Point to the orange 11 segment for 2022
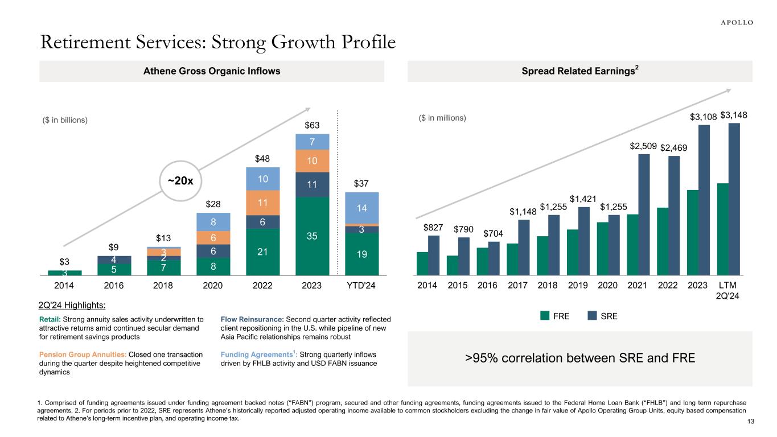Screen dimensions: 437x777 (x=263, y=203)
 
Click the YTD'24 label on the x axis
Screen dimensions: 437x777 (x=361, y=285)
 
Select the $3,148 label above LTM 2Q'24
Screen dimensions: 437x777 (x=734, y=116)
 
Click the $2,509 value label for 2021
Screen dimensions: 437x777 (x=643, y=147)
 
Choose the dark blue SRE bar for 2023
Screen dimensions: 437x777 (x=704, y=200)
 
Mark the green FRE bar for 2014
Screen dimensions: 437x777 (x=422, y=263)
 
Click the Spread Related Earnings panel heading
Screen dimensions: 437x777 (x=580, y=72)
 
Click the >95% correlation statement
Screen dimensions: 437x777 (x=580, y=358)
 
